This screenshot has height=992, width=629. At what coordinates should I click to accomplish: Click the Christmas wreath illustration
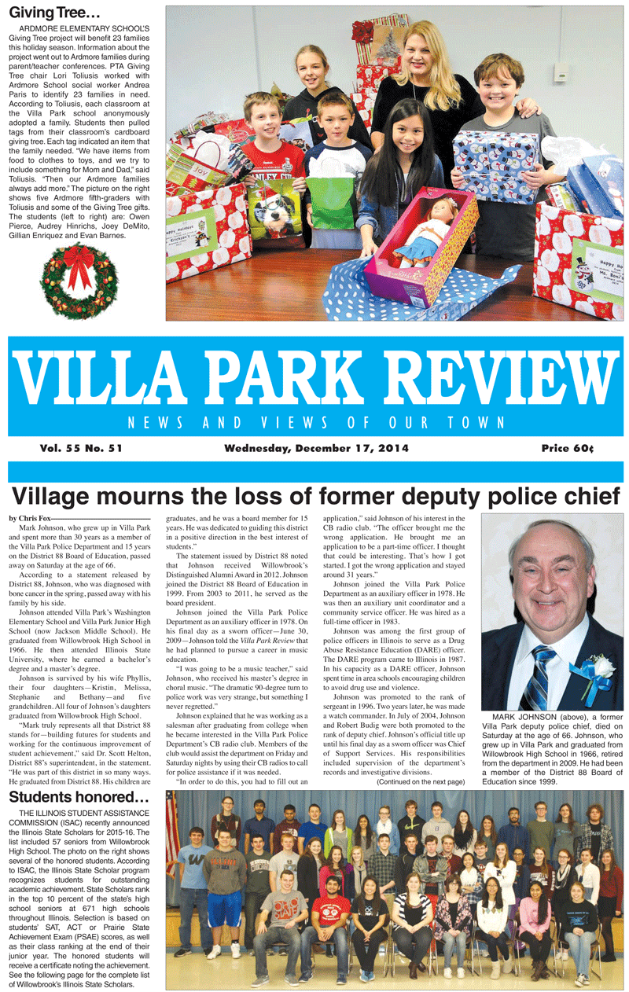click(x=79, y=280)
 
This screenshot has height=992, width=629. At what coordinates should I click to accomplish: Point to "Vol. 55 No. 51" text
click(x=84, y=448)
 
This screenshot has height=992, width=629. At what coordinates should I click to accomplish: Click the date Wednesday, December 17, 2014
click(x=316, y=448)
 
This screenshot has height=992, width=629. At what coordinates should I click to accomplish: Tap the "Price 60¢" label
click(x=567, y=448)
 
